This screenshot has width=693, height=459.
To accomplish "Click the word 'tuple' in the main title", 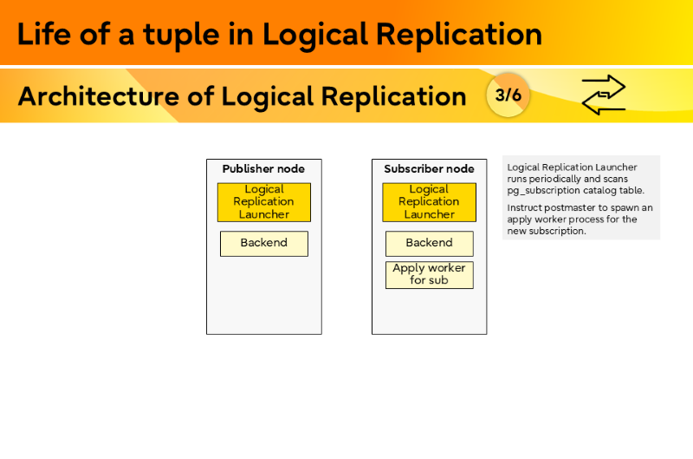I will tap(163, 35).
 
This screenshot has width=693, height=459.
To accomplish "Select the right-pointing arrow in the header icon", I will tap(604, 86).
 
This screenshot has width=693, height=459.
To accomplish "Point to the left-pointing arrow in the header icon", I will tap(604, 105).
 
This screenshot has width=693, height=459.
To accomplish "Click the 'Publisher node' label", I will tap(263, 169).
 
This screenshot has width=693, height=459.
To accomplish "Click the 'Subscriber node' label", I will tap(429, 169).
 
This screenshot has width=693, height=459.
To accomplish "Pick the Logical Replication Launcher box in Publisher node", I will tap(263, 202).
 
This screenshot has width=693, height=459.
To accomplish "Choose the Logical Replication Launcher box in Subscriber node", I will tap(429, 202).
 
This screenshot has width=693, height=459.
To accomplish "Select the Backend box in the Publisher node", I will tap(263, 243).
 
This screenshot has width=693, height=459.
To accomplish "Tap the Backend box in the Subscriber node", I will tap(429, 243).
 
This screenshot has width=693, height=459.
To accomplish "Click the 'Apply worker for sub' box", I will tap(429, 274).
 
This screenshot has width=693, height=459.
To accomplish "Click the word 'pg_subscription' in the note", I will tap(543, 190).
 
